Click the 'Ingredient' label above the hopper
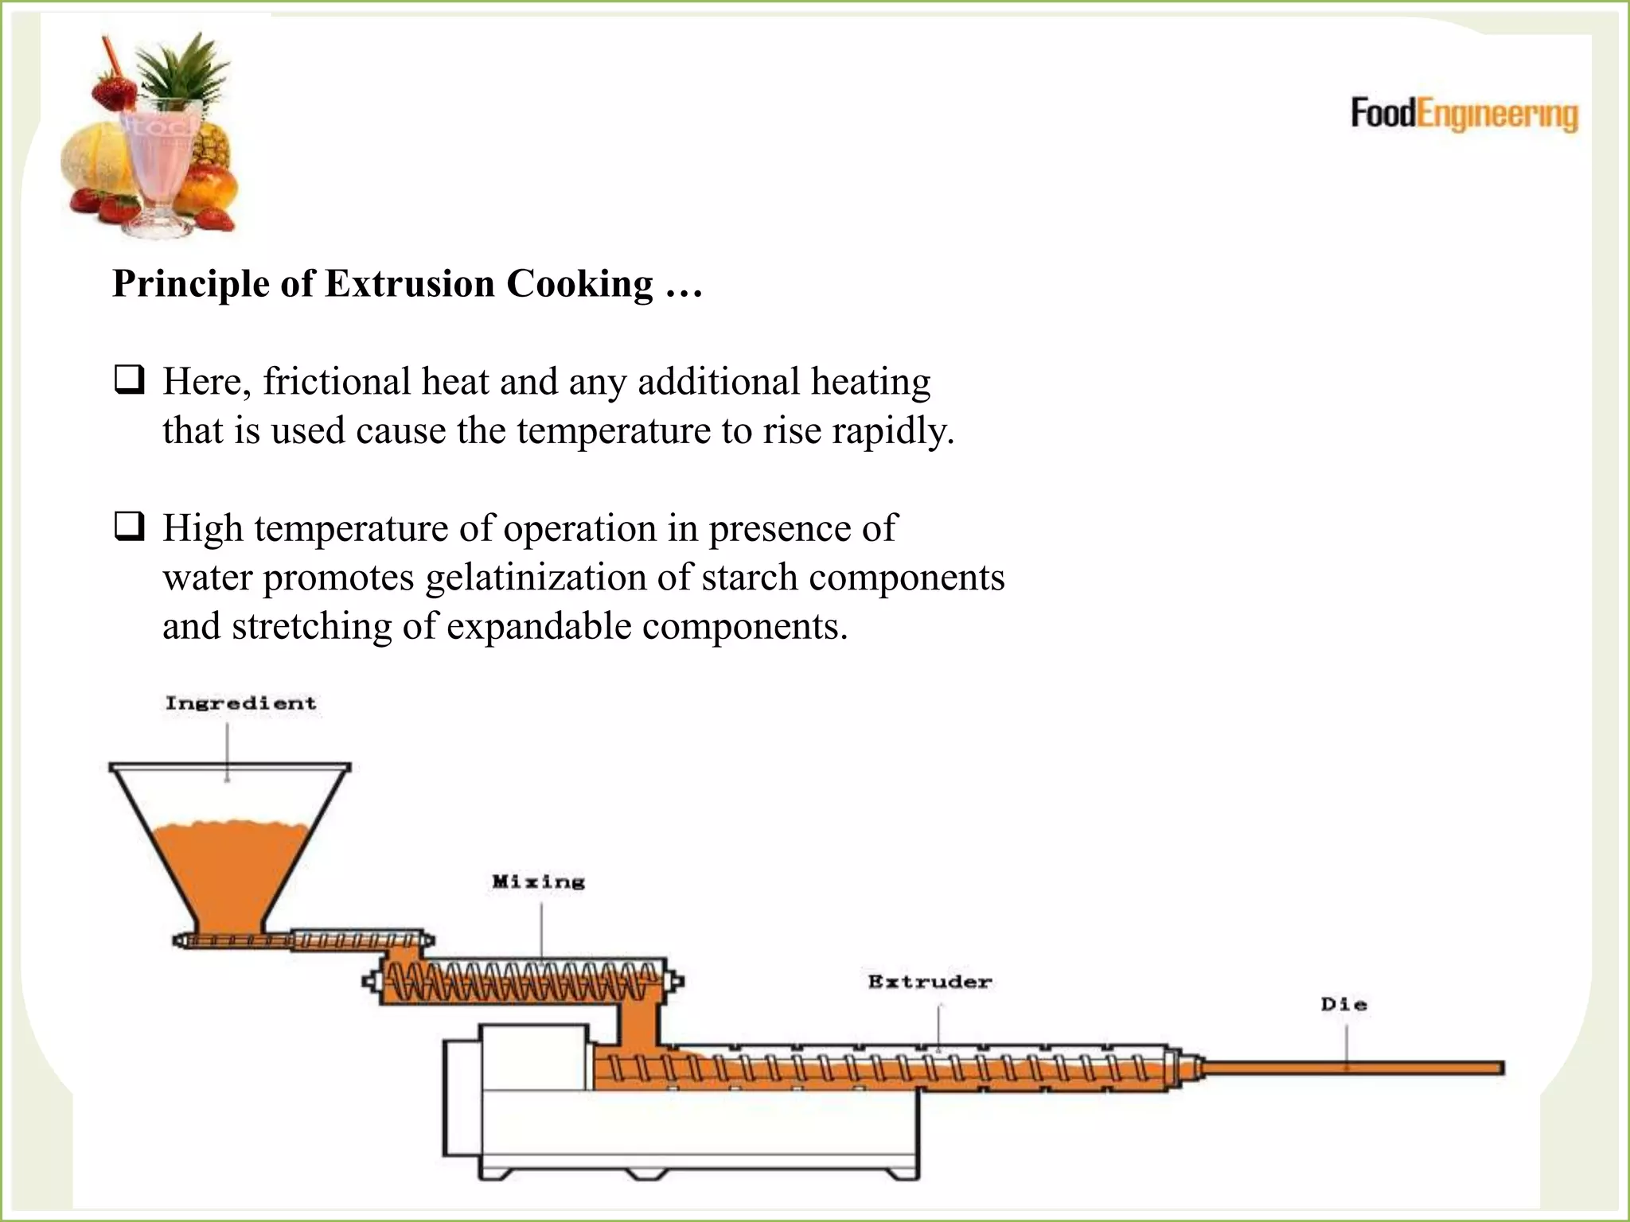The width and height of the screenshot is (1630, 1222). pos(240,703)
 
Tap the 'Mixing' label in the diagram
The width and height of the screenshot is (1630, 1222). pos(539,881)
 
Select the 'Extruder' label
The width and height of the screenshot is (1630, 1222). pos(930,982)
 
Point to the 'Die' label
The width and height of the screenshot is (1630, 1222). pos(1344,1005)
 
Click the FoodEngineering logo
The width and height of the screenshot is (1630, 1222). pos(1464,115)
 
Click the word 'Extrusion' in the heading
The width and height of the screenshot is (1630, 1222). pos(410,284)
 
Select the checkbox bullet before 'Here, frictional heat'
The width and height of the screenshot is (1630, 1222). pos(129,380)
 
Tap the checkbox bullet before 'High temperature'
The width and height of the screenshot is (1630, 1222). pos(129,527)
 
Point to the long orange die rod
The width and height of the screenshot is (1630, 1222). pos(1353,1068)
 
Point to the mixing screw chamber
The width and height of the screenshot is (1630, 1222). pos(521,984)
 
